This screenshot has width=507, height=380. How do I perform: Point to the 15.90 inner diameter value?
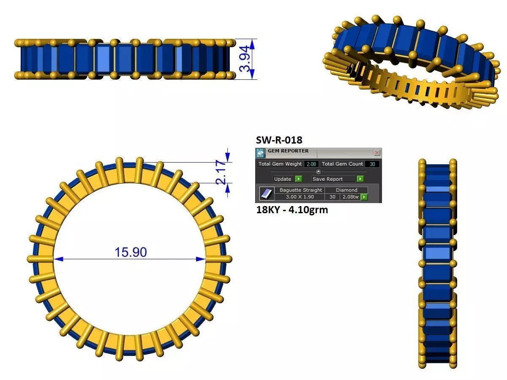[x=131, y=252]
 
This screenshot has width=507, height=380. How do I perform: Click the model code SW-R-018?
[x=279, y=140]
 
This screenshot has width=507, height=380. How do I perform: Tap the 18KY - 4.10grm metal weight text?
[x=292, y=209]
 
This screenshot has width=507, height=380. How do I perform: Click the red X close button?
[x=377, y=153]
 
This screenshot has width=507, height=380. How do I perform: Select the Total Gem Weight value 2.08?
[x=311, y=164]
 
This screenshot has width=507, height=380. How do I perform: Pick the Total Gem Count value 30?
[x=372, y=164]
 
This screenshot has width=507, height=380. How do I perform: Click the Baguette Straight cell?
[x=300, y=190]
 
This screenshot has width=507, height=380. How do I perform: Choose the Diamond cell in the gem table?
[x=346, y=190]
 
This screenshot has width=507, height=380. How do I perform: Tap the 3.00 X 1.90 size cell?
[x=300, y=197]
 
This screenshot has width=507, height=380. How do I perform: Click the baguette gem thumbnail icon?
[x=266, y=193]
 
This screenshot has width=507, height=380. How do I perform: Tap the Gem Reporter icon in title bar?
[x=260, y=153]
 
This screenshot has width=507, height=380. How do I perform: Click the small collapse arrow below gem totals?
[x=319, y=171]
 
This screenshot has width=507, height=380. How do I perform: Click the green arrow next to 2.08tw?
[x=363, y=197]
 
